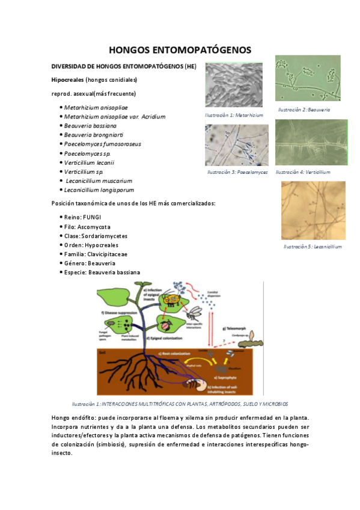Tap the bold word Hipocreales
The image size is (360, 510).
point(67,79)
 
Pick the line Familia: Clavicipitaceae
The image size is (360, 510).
point(96,254)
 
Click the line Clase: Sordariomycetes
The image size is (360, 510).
point(96,236)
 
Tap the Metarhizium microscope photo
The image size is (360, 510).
point(233,85)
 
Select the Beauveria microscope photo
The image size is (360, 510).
point(307,78)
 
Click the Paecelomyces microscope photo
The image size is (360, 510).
point(236,145)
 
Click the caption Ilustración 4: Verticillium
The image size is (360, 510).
point(303,172)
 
